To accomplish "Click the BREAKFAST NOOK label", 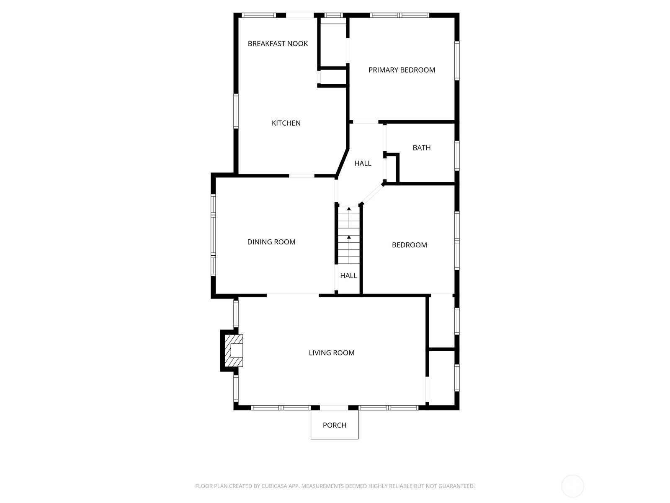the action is [278, 44].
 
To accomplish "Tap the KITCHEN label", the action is [286, 123].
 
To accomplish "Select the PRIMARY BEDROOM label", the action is [402, 70].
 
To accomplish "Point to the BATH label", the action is [422, 148].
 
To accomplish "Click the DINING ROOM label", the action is [271, 242].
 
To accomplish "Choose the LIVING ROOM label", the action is [332, 353].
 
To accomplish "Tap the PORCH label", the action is [335, 425].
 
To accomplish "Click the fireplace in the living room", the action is [234, 350].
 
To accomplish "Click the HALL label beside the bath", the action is [363, 163].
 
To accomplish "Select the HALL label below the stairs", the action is [348, 276].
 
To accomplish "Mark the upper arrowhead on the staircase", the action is [349, 209].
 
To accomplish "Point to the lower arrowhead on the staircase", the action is [349, 237].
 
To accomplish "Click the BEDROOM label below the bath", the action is [409, 245].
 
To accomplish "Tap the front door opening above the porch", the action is [334, 407].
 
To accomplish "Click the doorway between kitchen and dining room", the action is [301, 176].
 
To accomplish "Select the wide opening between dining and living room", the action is [293, 296].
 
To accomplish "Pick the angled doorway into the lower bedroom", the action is [372, 194].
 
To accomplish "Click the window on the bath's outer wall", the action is [457, 156].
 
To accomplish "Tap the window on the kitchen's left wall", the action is [236, 111].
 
